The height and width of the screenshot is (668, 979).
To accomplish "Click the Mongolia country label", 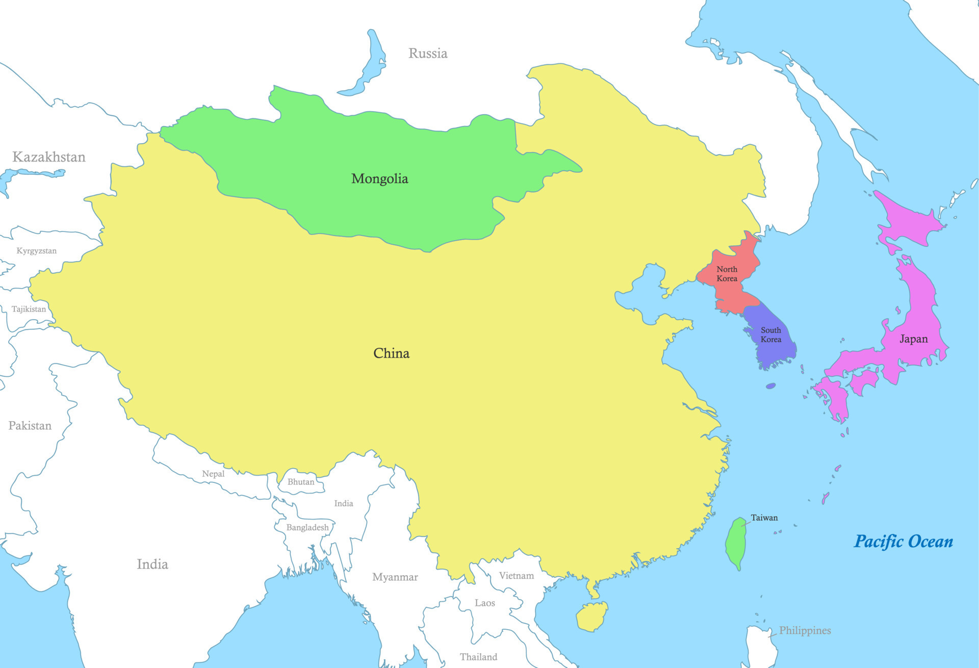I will pos(379,179).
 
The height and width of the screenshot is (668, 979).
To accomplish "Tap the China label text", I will pos(391,353).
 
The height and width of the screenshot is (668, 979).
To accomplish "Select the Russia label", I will pos(428,54).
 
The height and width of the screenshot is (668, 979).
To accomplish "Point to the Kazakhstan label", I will pos(49,157).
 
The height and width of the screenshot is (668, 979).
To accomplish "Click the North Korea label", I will pos(727,274).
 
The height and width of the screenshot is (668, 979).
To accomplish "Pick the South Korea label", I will pos(770,335).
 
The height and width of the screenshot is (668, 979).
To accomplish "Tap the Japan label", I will pos(913,339).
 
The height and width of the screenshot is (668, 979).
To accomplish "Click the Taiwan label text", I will pos(764,518).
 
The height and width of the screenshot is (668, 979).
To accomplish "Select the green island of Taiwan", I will pos(736,543).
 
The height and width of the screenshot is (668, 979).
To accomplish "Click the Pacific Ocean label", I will pos(903,542).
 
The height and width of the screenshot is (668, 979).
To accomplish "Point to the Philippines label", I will pos(805,631).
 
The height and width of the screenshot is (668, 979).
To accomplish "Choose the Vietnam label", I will pos(516,576).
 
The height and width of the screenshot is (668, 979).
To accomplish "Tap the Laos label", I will pos(484,603).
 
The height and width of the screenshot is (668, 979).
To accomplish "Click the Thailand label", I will pos(478,657).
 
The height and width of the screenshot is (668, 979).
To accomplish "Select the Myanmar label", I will pos(395,577).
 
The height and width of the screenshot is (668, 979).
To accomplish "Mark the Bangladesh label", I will pos(307,527).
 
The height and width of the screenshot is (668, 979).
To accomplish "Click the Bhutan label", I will pos(301,482).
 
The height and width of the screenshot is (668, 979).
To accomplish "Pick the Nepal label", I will pos(213,474).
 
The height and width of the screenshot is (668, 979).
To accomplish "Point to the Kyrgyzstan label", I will pos(36,251).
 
